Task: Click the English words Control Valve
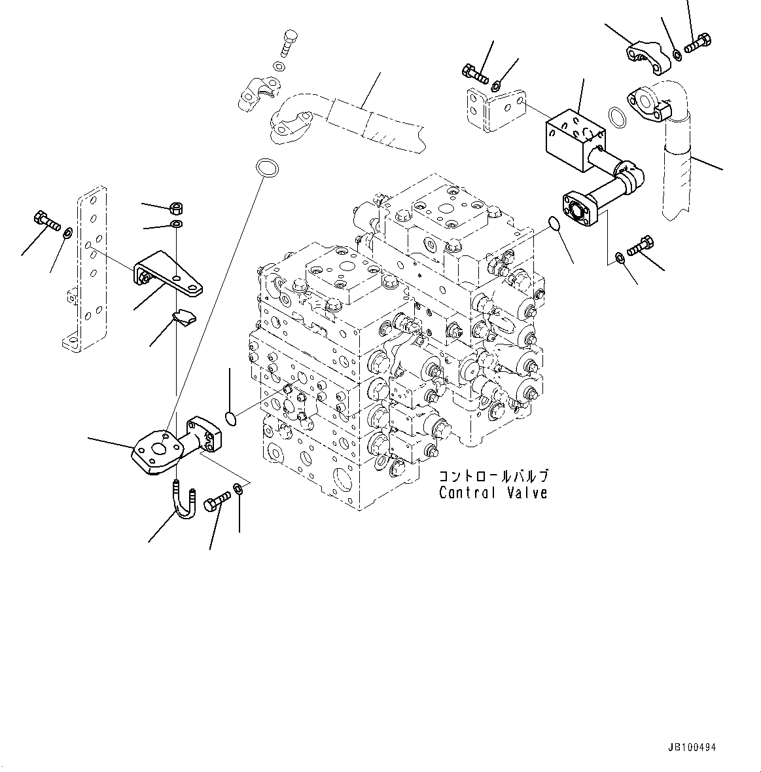coord(493,493)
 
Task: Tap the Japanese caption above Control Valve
coord(493,477)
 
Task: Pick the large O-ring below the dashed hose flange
coord(266,167)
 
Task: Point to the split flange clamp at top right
coord(647,60)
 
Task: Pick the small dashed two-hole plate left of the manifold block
coord(497,107)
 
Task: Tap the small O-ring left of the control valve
coord(230,417)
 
